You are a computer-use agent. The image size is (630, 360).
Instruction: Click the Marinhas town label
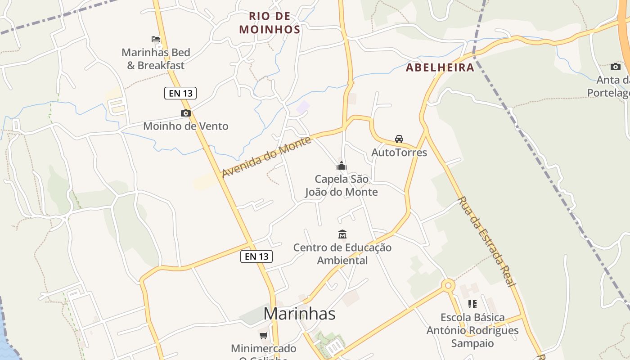click(x=299, y=314)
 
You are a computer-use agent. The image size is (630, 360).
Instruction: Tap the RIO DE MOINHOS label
click(x=270, y=23)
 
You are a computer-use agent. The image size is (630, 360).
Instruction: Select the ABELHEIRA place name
click(x=440, y=67)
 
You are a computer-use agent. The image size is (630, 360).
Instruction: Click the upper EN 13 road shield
click(x=180, y=93)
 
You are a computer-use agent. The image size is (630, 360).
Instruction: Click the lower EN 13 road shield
click(x=256, y=256)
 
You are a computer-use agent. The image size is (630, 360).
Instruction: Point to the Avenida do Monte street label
click(x=266, y=157)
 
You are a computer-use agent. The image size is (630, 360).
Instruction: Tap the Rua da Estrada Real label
click(x=486, y=241)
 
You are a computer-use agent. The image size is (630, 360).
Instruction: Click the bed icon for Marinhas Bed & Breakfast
click(x=156, y=39)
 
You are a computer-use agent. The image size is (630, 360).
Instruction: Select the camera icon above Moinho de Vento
click(x=185, y=113)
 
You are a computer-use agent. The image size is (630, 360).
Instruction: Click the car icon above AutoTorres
click(x=399, y=139)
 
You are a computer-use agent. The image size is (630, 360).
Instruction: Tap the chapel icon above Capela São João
click(x=342, y=166)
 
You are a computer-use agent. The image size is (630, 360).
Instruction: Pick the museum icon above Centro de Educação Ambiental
click(x=342, y=234)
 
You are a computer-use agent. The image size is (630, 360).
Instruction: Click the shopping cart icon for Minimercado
click(x=264, y=335)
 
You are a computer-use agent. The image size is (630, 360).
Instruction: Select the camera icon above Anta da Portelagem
click(x=615, y=67)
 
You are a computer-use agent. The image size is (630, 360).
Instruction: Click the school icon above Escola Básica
click(x=472, y=304)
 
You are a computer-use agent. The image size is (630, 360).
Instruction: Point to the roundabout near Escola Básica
click(x=448, y=285)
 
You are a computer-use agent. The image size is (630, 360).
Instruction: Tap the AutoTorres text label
click(x=399, y=153)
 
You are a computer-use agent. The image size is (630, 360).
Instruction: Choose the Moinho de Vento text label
click(x=185, y=126)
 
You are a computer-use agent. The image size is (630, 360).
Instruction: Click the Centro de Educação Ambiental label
click(x=342, y=254)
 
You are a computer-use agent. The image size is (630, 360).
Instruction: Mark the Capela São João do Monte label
click(x=342, y=185)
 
